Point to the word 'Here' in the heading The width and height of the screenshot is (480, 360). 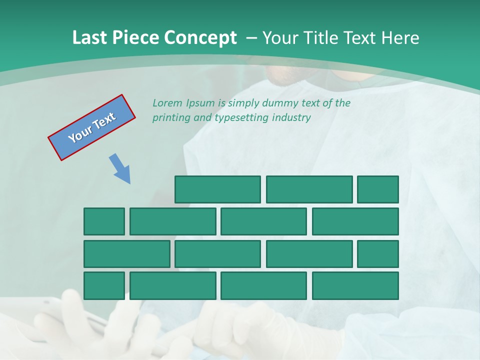tap(400, 38)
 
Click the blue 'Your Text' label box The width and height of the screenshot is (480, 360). tap(91, 127)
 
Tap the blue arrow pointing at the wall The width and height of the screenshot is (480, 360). tap(120, 168)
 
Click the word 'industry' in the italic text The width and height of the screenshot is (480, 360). tap(292, 118)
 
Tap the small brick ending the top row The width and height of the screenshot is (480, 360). tap(378, 189)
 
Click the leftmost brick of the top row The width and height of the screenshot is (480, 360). tap(217, 189)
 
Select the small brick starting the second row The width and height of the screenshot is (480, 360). tap(104, 221)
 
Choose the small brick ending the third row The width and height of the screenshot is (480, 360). tap(378, 253)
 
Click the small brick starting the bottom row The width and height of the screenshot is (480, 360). tap(104, 285)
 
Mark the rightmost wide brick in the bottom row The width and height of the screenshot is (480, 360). tap(355, 285)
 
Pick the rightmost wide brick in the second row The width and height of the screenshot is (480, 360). tap(355, 221)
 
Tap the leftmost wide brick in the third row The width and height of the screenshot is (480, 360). tap(127, 253)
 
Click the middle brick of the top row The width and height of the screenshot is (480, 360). tap(309, 189)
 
